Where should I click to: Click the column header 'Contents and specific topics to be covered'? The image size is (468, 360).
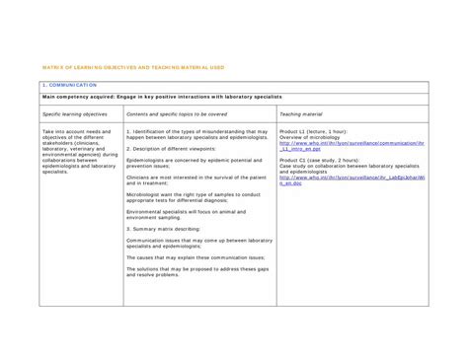[182, 115]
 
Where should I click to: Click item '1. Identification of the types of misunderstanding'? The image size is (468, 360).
[197, 133]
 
